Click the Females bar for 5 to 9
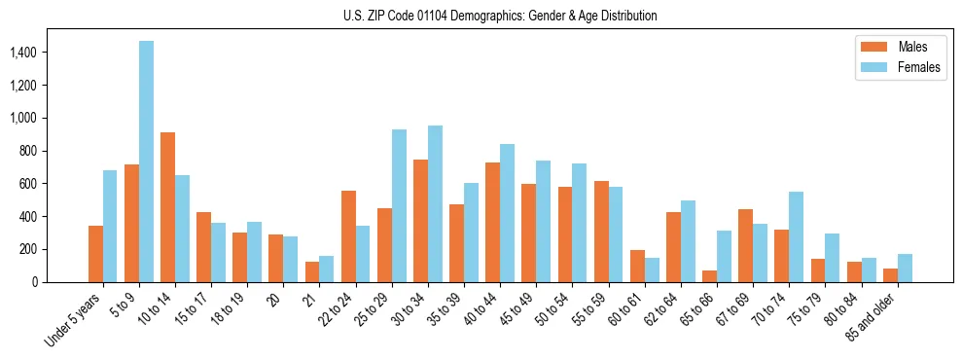146,162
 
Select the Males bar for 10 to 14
167,207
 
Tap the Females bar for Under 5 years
110,227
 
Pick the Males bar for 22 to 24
348,236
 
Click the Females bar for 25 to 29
399,206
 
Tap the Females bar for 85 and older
905,269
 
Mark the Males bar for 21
312,272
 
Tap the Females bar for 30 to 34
435,204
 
